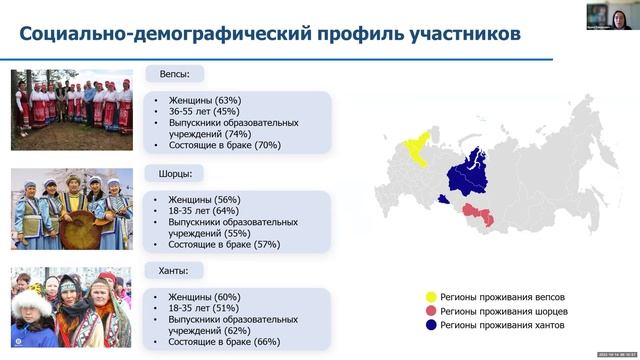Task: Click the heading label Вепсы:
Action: (x=174, y=74)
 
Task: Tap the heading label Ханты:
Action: (x=174, y=270)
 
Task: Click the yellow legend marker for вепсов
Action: (x=431, y=297)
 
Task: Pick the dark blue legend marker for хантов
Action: (x=431, y=325)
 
